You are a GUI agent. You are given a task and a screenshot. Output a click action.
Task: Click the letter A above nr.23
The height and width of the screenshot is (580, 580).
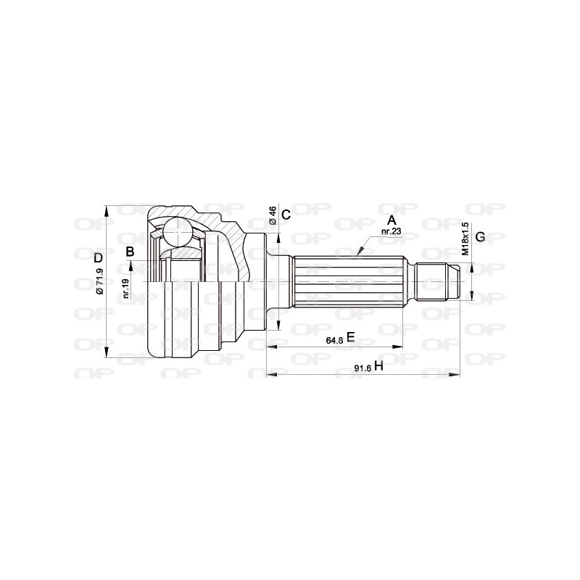pyautogui.click(x=391, y=220)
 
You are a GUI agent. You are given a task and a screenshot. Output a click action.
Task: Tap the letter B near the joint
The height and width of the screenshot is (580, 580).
pyautogui.click(x=130, y=252)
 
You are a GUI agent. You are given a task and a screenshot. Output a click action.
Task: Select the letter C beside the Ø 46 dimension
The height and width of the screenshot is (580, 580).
pyautogui.click(x=286, y=215)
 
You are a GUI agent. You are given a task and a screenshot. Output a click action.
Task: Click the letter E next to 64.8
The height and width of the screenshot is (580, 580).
pyautogui.click(x=350, y=336)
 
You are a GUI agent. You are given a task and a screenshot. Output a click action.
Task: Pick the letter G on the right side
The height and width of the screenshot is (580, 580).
pyautogui.click(x=479, y=237)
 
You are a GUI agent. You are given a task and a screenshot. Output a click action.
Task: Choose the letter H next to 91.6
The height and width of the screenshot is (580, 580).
pyautogui.click(x=378, y=367)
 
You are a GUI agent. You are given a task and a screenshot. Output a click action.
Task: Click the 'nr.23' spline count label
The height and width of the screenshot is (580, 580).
pyautogui.click(x=391, y=231)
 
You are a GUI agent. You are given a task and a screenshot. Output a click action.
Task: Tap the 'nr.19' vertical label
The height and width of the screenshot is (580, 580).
pyautogui.click(x=125, y=289)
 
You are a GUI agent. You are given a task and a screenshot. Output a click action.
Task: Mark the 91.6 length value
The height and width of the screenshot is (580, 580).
pyautogui.click(x=362, y=368)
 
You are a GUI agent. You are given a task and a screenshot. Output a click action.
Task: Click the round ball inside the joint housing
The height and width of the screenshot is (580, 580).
pyautogui.click(x=176, y=233)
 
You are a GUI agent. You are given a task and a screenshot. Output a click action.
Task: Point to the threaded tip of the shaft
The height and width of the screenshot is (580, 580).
pyautogui.click(x=442, y=281)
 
